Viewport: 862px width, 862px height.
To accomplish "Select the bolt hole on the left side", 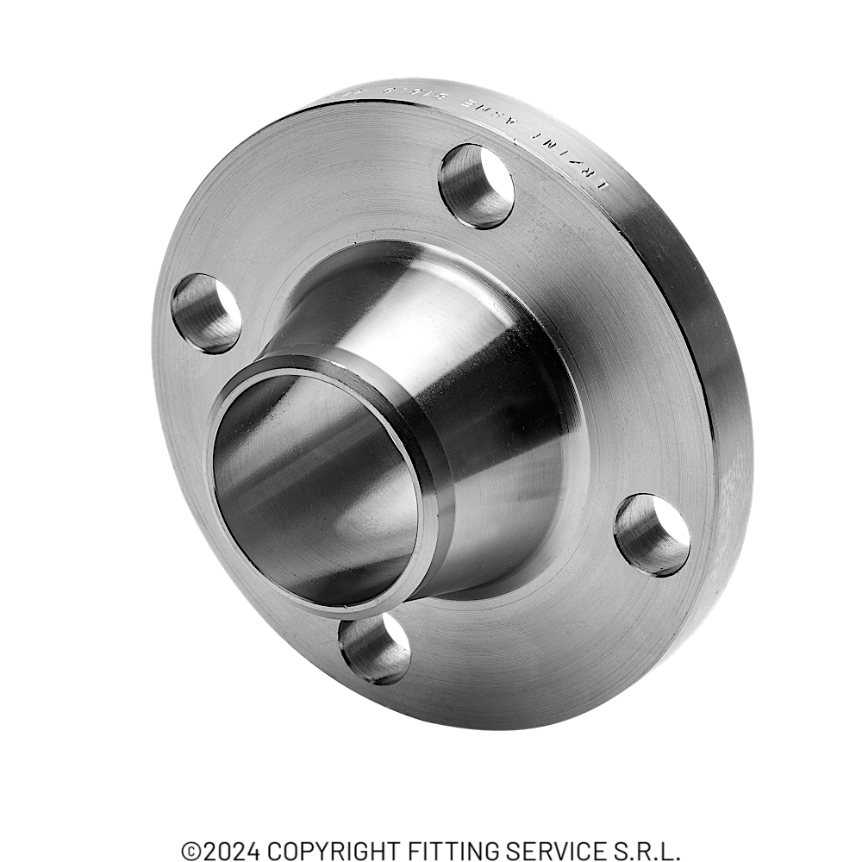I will pyautogui.click(x=206, y=313).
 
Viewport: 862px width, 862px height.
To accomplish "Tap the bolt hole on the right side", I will pyautogui.click(x=652, y=534).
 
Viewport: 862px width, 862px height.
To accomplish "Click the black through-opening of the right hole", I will pyautogui.click(x=668, y=526).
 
